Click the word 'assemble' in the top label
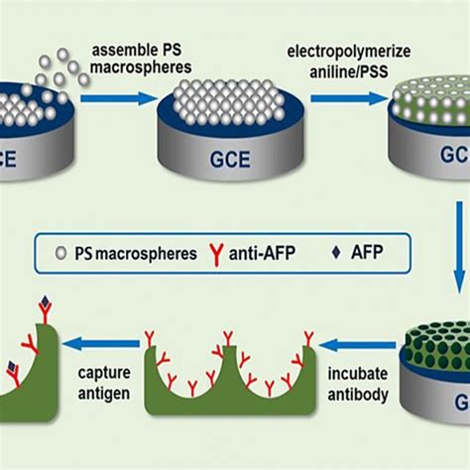(x=128, y=50)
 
